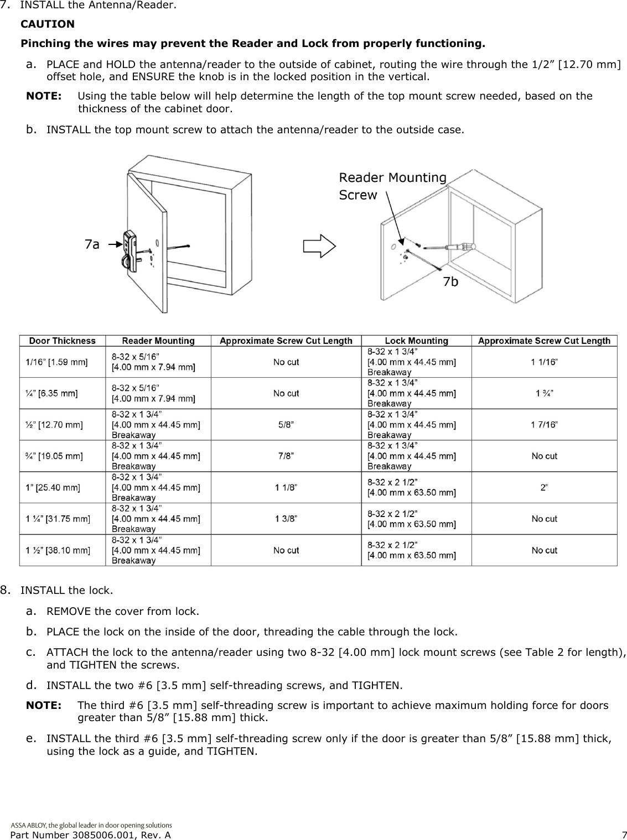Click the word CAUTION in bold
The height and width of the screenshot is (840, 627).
pyautogui.click(x=47, y=24)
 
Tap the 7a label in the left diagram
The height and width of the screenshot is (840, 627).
pyautogui.click(x=92, y=244)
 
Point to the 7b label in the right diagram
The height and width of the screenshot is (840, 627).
pyautogui.click(x=450, y=282)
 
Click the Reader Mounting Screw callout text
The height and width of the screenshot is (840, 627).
pyautogui.click(x=392, y=186)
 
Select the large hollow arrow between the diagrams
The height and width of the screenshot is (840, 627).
pyautogui.click(x=319, y=245)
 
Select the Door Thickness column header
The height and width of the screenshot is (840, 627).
pyautogui.click(x=62, y=341)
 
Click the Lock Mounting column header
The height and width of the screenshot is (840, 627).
pyautogui.click(x=416, y=341)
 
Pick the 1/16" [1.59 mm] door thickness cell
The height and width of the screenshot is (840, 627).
pyautogui.click(x=56, y=362)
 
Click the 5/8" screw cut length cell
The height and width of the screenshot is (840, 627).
pyautogui.click(x=286, y=425)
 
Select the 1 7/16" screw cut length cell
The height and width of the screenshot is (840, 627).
pyautogui.click(x=544, y=425)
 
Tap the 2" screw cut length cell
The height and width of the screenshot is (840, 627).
pyautogui.click(x=544, y=487)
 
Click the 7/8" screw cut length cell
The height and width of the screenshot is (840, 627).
pyautogui.click(x=286, y=456)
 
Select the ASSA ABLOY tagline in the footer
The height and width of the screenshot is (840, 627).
pyautogui.click(x=91, y=825)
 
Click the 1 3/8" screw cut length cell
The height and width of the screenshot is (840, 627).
pyautogui.click(x=286, y=519)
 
